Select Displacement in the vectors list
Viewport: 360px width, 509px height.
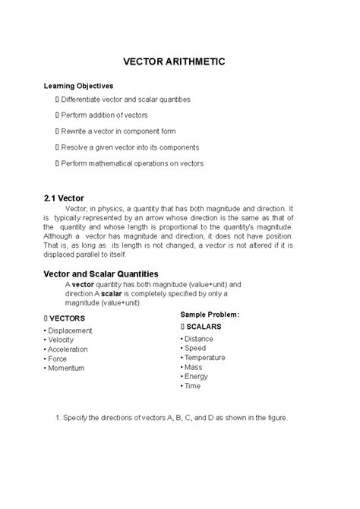point(70,330)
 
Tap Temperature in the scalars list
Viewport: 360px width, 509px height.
point(205,357)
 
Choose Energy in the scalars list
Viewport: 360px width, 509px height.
point(197,376)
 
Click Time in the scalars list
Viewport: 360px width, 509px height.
point(193,386)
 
